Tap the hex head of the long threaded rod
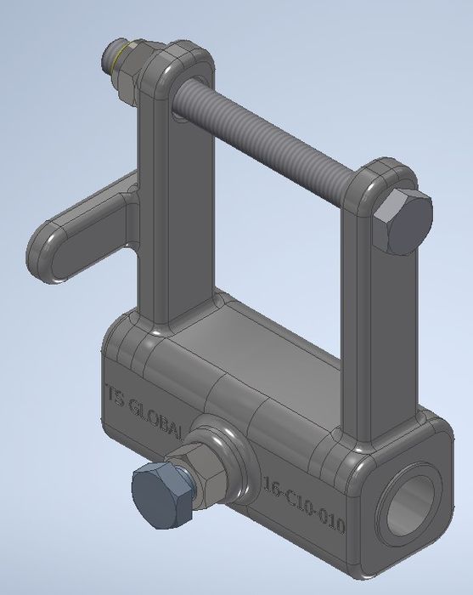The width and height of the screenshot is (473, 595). (x=403, y=221)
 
